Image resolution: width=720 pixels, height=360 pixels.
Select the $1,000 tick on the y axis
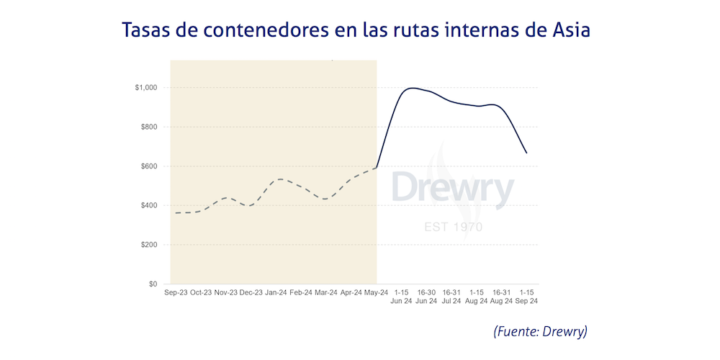145,88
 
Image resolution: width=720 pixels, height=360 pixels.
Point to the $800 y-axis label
149,127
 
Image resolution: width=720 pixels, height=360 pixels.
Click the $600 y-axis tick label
149,166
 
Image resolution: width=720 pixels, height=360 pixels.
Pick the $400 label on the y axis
149,206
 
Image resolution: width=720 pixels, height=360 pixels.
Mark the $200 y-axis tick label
149,245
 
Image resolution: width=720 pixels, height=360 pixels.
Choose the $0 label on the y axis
153,284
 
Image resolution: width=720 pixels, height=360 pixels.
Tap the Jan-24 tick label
277,293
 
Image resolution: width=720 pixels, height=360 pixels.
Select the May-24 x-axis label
377,293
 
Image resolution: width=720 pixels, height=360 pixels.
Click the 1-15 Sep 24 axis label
526,297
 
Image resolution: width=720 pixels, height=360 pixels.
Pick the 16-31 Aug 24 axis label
501,297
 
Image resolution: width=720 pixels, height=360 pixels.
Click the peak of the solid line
411,88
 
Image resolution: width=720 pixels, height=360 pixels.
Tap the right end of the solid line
526,153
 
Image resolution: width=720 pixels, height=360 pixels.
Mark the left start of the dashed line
175,213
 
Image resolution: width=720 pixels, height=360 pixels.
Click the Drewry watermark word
453,189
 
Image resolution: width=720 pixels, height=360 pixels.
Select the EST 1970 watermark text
453,228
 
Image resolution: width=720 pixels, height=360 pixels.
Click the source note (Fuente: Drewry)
541,332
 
